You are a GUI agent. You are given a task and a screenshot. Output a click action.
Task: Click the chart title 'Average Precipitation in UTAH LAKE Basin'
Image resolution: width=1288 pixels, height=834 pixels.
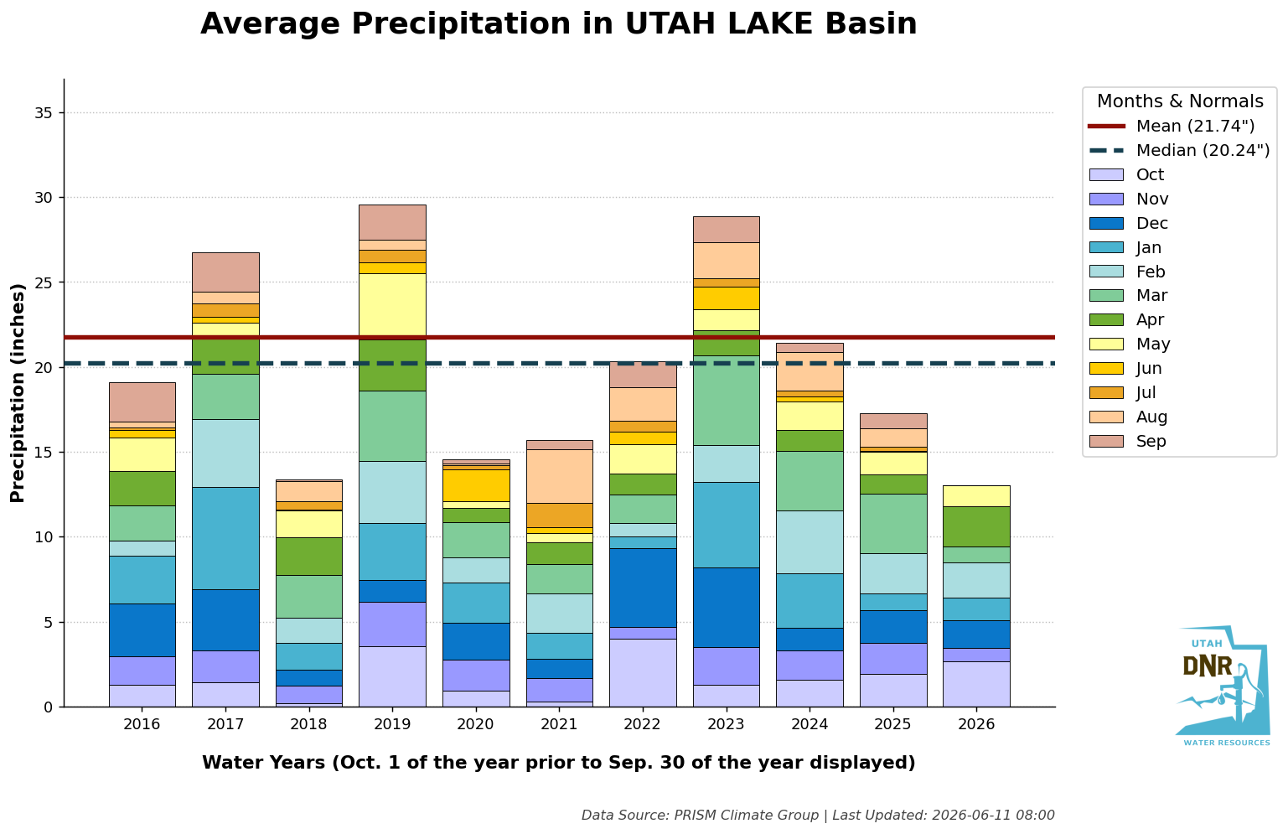(x=558, y=24)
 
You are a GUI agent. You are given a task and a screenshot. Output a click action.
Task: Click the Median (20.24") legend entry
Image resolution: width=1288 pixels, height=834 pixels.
(x=1179, y=150)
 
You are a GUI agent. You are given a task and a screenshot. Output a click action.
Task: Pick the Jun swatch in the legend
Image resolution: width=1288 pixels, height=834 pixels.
(x=1105, y=368)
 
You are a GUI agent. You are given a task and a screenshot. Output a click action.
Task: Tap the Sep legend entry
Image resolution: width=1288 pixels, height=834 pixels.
(x=1127, y=441)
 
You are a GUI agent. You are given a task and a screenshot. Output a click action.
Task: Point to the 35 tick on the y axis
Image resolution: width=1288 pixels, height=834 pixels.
(x=44, y=112)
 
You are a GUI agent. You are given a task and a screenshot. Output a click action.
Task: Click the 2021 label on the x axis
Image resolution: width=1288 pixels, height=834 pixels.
(x=559, y=723)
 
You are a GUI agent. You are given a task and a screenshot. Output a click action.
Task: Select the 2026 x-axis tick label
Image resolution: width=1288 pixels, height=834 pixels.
(x=976, y=723)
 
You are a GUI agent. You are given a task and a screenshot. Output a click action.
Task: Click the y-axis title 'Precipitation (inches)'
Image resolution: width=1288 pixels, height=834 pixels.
(x=18, y=393)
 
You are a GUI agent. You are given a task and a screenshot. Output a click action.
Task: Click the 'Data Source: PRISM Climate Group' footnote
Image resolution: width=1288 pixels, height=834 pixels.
(x=700, y=815)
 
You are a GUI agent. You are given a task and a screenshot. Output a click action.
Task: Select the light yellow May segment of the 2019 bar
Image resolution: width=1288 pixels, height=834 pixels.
(x=392, y=307)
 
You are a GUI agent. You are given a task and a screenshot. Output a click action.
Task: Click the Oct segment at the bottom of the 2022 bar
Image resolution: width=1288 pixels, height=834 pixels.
(x=643, y=673)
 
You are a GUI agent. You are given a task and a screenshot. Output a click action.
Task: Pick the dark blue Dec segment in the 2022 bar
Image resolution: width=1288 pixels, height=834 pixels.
(x=643, y=588)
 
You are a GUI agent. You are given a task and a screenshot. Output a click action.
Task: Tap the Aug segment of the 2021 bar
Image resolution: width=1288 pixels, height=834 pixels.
(x=560, y=476)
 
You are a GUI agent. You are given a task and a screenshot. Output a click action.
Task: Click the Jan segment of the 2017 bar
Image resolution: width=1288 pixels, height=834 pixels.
(x=225, y=538)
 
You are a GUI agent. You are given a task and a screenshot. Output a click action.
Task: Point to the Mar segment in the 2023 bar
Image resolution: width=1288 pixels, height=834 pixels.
(x=727, y=401)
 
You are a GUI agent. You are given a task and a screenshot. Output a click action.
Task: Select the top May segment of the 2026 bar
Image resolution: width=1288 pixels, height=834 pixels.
(x=976, y=496)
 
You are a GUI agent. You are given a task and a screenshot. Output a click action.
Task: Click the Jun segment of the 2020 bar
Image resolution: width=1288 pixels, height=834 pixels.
(x=476, y=485)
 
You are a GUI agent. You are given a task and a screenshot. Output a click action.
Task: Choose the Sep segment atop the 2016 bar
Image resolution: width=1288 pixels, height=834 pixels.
(x=142, y=402)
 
